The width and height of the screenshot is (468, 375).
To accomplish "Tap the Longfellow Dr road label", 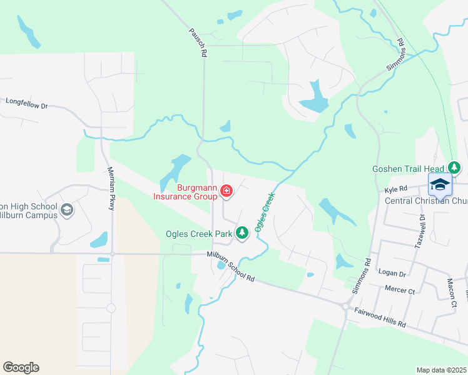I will (x=26, y=103).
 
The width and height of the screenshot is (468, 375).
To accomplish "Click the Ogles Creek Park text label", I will (x=199, y=234).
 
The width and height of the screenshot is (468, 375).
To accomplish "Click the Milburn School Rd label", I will (x=231, y=266).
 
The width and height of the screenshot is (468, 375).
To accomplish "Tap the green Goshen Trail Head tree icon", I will (x=455, y=168).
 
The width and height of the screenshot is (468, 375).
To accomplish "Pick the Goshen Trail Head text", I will (x=407, y=169).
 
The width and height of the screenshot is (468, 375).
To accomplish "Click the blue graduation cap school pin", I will (x=440, y=184).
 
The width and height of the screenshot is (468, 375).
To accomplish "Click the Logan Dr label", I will (x=392, y=273).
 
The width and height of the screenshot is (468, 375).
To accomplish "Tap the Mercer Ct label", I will (x=401, y=291).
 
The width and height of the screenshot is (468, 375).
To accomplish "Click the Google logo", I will (x=21, y=367).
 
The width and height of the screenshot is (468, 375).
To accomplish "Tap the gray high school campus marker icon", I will (x=68, y=209).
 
